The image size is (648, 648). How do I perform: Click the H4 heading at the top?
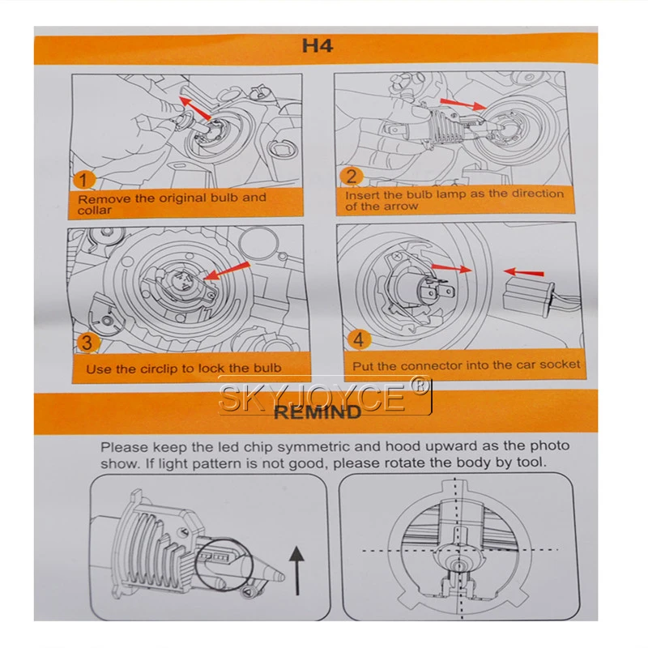pos(318,45)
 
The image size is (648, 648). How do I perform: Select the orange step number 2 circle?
pos(352,177)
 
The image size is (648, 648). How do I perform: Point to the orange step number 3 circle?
pos(85,343)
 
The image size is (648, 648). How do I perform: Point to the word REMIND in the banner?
pos(318,412)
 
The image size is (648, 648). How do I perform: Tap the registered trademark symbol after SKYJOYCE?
pos(420,386)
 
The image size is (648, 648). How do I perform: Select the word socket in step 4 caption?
pos(559,365)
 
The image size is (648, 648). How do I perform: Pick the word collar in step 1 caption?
pos(96,211)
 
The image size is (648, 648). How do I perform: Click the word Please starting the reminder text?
pos(122,446)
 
